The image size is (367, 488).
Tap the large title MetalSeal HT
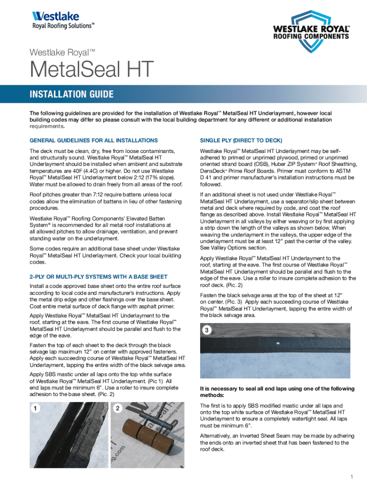click(92, 71)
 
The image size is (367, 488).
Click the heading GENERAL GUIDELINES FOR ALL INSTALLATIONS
click(93, 140)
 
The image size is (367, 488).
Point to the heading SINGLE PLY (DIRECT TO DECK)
click(241, 140)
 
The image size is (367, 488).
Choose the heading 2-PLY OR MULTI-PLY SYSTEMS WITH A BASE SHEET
click(98, 277)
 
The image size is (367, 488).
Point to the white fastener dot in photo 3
click(277, 343)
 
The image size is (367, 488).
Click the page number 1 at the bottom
click(350, 477)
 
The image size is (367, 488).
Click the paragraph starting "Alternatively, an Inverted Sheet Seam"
click(274, 442)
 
